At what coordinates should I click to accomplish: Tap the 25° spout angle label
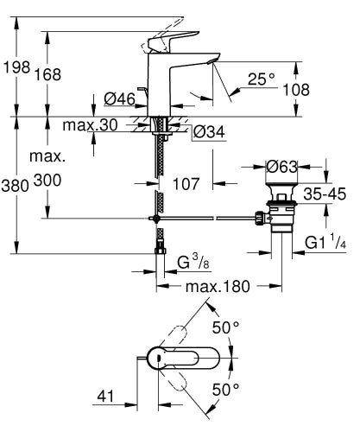pos(260,79)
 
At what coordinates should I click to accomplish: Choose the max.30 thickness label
pos(91,126)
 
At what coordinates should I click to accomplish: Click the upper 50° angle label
pos(226,328)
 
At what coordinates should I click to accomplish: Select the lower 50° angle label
pos(226,391)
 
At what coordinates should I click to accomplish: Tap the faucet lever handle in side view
pos(168,41)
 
